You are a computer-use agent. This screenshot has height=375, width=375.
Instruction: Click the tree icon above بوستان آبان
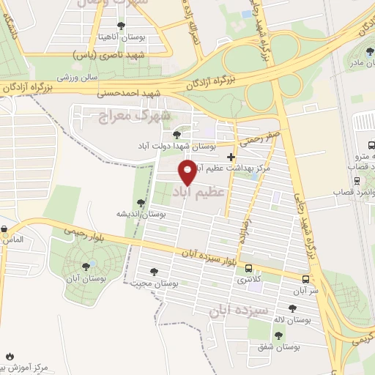click(87, 267)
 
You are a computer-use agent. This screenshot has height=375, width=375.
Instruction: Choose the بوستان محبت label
click(157, 282)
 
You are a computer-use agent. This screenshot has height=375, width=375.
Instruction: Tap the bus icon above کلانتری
click(249, 268)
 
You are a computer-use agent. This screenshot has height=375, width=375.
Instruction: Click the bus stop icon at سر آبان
click(305, 279)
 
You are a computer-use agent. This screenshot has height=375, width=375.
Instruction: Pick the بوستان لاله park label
click(293, 320)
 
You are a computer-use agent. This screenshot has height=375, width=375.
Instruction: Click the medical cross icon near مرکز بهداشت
click(231, 156)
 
